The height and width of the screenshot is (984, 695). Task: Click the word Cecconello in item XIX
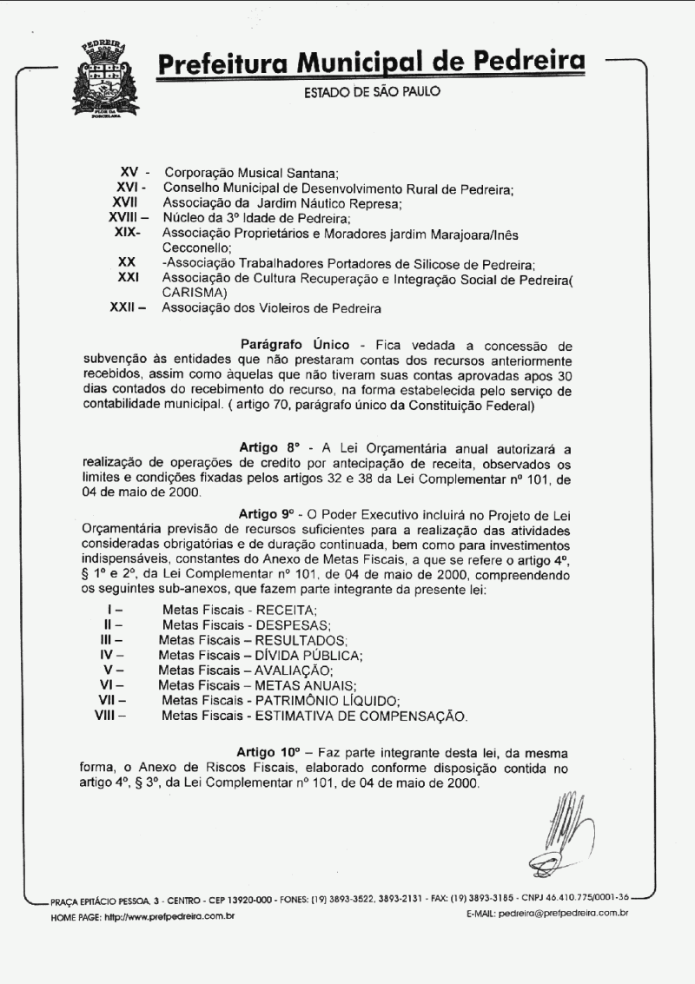point(192,248)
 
